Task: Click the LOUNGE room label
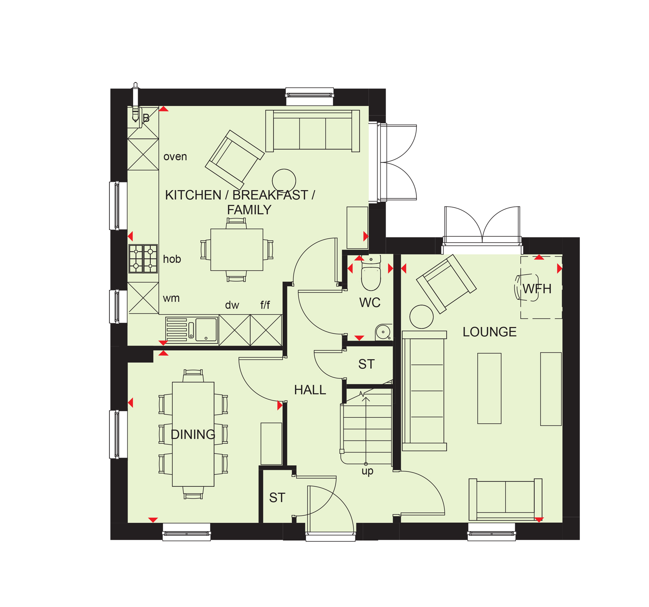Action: point(489,332)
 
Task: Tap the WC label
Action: point(370,303)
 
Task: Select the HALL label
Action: point(310,390)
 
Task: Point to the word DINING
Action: point(193,434)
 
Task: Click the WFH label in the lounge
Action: point(537,289)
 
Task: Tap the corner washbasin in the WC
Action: point(384,332)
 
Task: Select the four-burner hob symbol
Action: point(143,259)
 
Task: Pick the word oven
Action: point(175,157)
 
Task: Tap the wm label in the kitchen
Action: point(171,298)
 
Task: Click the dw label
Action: point(232,305)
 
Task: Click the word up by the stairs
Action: point(367,471)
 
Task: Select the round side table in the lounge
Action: point(422,317)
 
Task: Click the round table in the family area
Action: point(284,181)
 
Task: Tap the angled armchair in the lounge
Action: point(446,284)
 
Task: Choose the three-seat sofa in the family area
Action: point(312,131)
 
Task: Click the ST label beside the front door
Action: point(277,498)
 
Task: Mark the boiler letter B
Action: point(146,118)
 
